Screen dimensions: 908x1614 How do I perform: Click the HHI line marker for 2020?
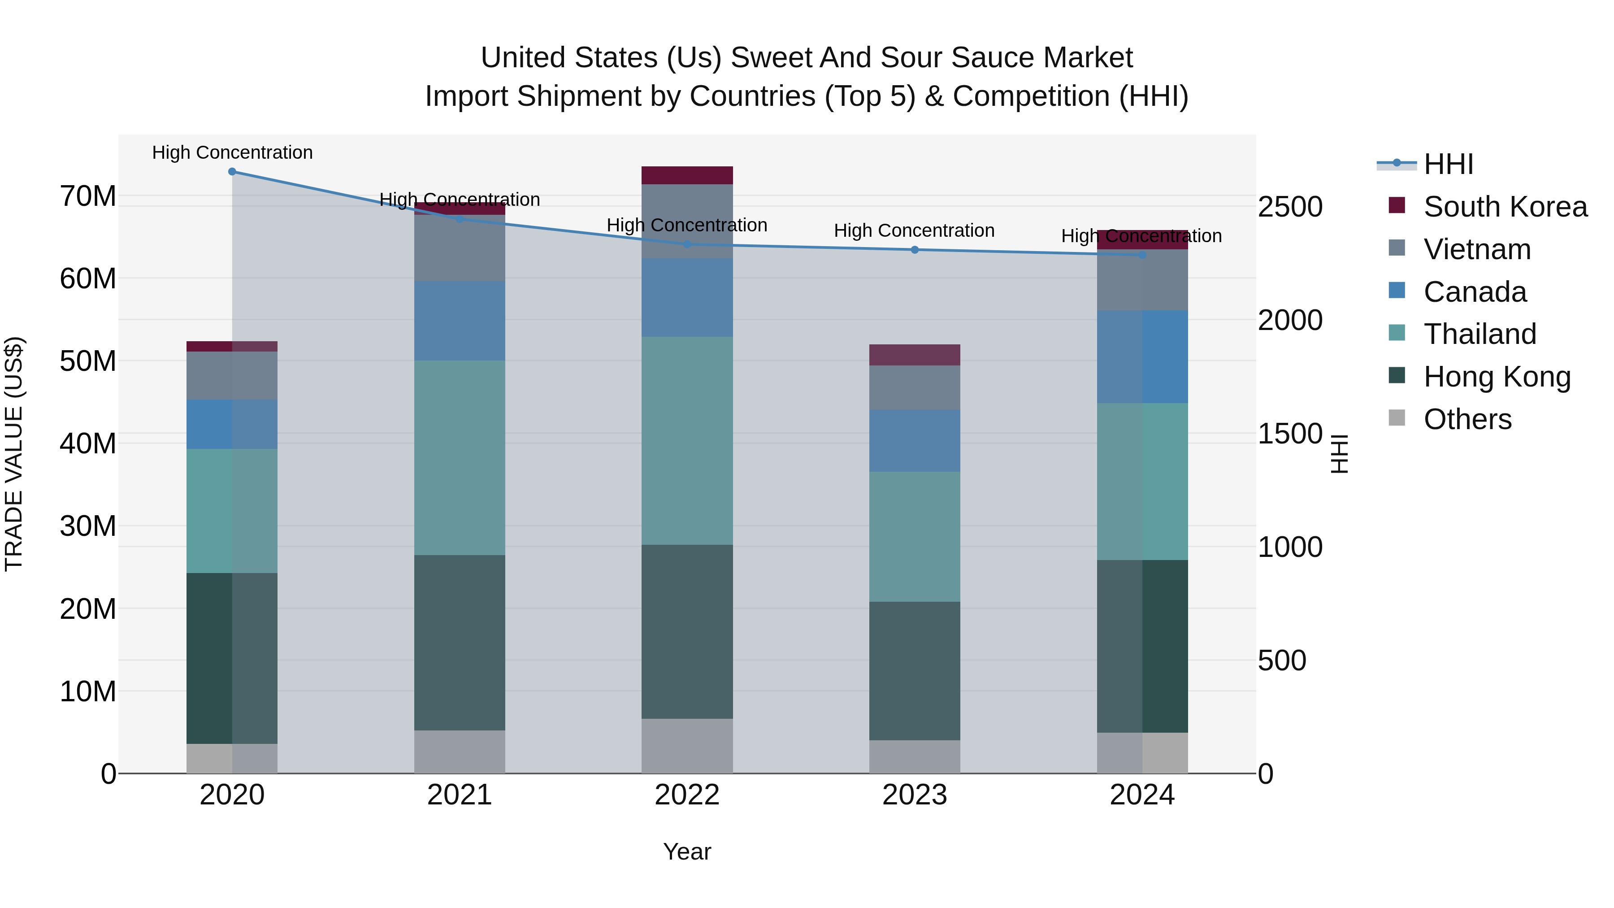(x=232, y=172)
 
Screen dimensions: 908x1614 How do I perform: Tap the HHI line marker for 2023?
(x=914, y=250)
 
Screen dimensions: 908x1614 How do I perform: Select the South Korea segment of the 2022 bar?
(x=687, y=175)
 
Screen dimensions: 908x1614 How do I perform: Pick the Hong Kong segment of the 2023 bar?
(x=914, y=670)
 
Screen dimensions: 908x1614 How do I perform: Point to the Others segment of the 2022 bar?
(x=687, y=746)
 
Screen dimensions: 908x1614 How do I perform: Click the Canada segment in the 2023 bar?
(x=914, y=440)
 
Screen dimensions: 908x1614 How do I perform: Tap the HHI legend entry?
(x=1448, y=164)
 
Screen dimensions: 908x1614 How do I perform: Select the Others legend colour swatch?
(x=1397, y=418)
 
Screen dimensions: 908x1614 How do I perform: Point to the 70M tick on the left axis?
(x=88, y=196)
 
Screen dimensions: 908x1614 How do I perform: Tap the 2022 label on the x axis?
(x=687, y=795)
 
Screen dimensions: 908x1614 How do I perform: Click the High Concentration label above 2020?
(x=232, y=152)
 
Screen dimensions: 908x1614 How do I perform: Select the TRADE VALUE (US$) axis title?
(x=14, y=454)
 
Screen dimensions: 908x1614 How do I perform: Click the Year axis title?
(x=687, y=852)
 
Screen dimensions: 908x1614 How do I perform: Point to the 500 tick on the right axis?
(x=1281, y=660)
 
